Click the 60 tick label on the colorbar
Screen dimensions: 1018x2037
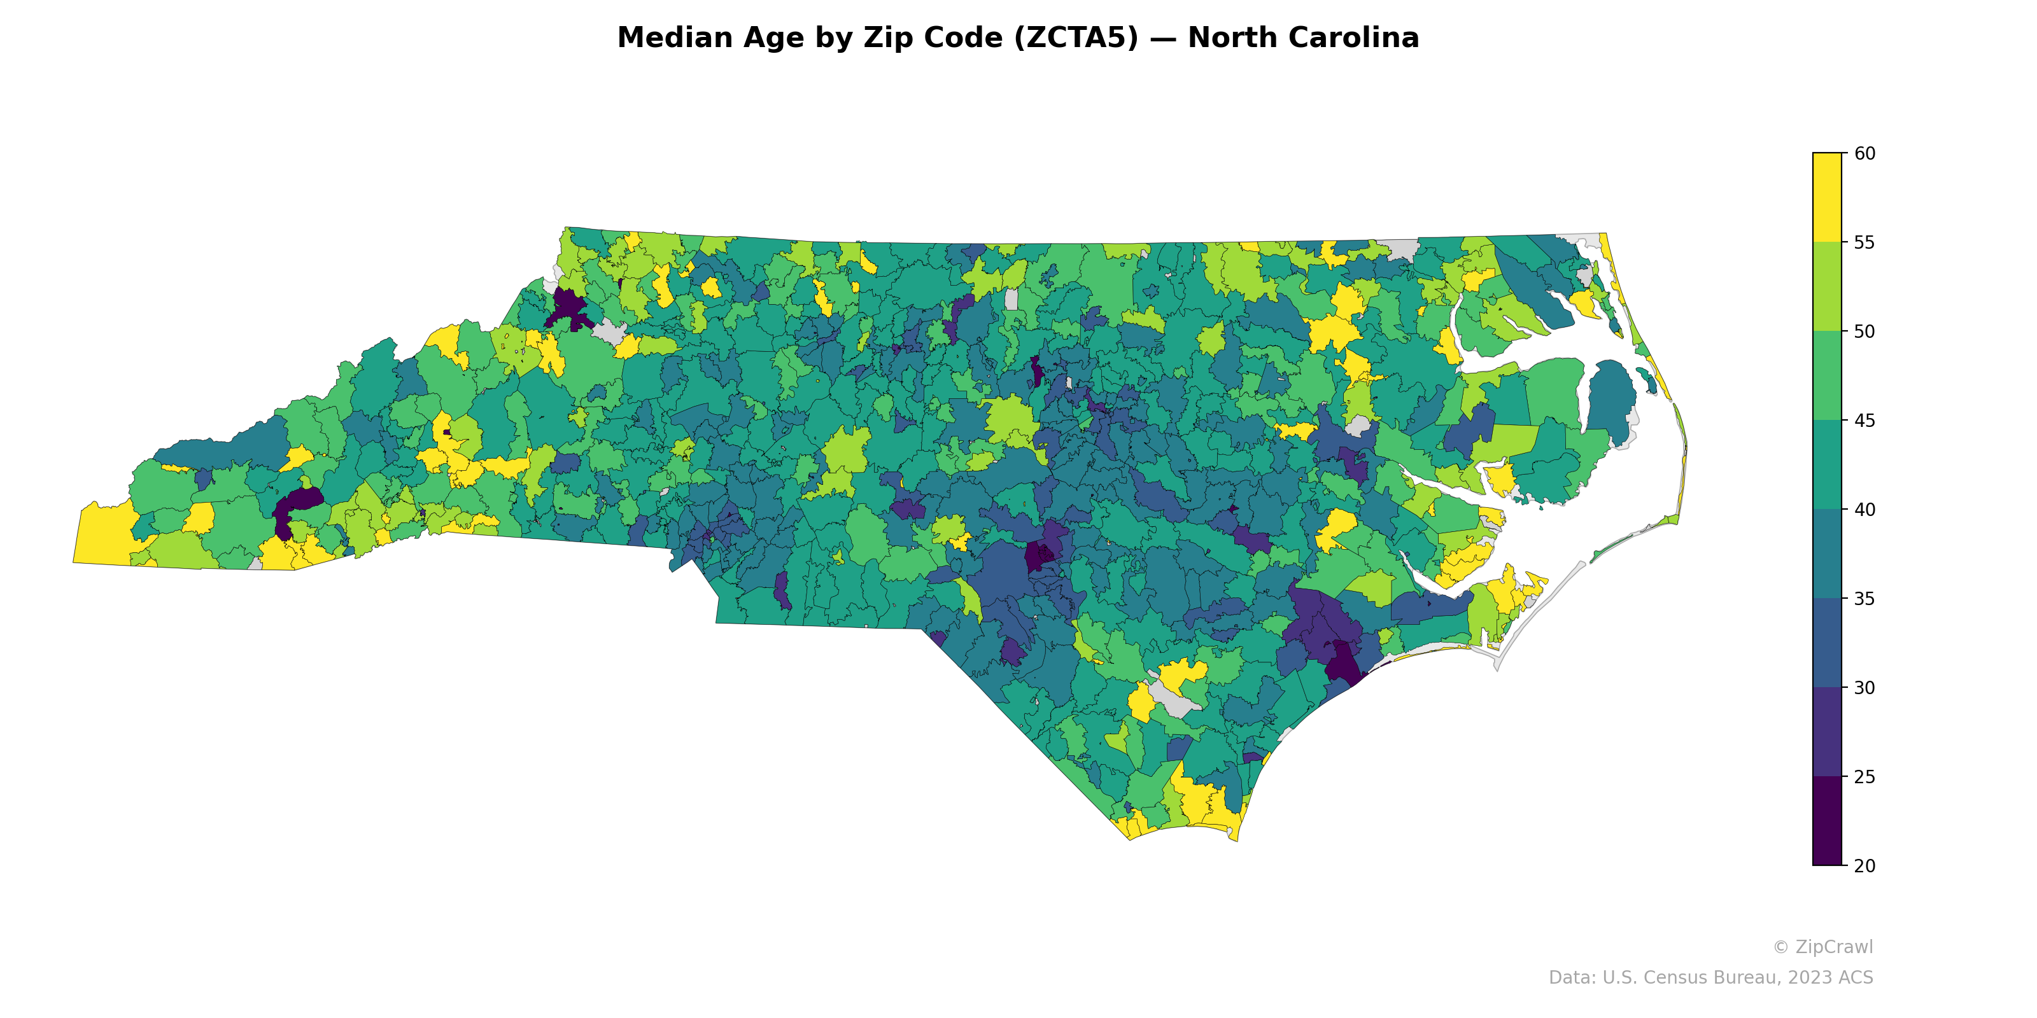1864,153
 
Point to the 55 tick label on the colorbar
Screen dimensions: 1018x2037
1864,242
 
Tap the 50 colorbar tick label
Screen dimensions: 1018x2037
1864,332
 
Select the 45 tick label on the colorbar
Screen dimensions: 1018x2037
1864,421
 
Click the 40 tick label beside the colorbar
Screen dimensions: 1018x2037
1864,510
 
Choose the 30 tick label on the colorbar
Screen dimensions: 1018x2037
1864,688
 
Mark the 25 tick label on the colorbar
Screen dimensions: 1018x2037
1864,777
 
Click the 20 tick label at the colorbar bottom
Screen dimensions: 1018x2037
1864,865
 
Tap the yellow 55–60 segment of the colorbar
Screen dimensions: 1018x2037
1827,198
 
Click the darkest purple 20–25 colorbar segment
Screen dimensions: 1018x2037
1827,821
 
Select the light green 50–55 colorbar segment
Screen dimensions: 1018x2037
1827,287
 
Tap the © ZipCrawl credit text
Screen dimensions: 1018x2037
1822,947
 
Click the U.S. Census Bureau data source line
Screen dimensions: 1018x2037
1710,978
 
